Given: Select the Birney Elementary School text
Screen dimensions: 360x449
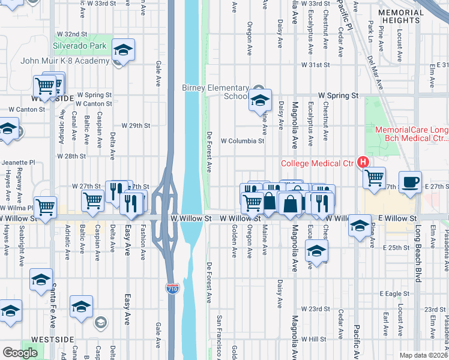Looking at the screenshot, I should click(x=215, y=92).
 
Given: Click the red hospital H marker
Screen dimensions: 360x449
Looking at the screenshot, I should click(x=363, y=162).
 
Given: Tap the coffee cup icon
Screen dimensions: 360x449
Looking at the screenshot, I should click(x=411, y=182).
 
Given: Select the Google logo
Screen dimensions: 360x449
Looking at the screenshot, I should click(x=20, y=353).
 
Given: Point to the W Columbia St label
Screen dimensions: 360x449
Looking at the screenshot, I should click(x=243, y=142).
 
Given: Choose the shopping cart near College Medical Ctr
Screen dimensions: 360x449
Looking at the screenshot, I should click(x=374, y=177).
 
